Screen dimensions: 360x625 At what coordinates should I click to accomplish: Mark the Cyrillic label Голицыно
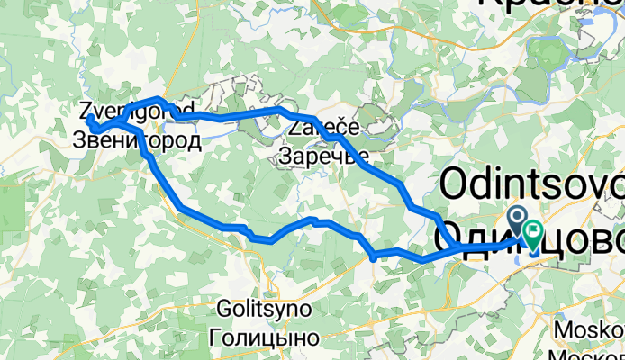(x=264, y=338)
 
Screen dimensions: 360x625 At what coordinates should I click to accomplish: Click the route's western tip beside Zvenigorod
(x=89, y=118)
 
